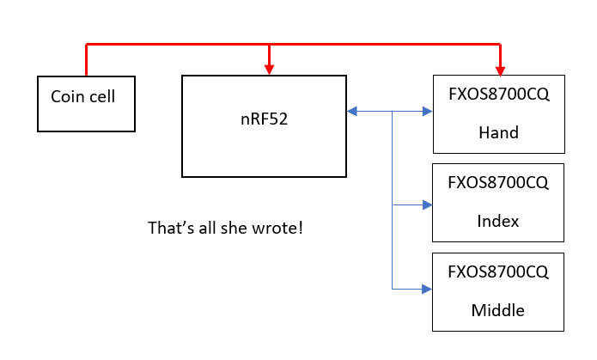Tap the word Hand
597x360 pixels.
[x=498, y=133]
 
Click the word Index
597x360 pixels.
[x=498, y=221]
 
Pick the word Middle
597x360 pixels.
[x=498, y=309]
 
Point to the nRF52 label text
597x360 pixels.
[x=264, y=119]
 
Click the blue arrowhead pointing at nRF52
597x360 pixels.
[x=352, y=111]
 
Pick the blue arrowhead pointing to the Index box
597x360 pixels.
[x=426, y=204]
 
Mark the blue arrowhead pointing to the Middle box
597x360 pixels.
[x=426, y=290]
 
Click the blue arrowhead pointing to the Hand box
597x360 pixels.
[x=427, y=111]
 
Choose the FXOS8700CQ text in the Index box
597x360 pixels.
[x=498, y=184]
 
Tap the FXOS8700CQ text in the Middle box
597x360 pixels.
[x=498, y=272]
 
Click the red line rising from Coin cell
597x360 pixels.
[x=87, y=60]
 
